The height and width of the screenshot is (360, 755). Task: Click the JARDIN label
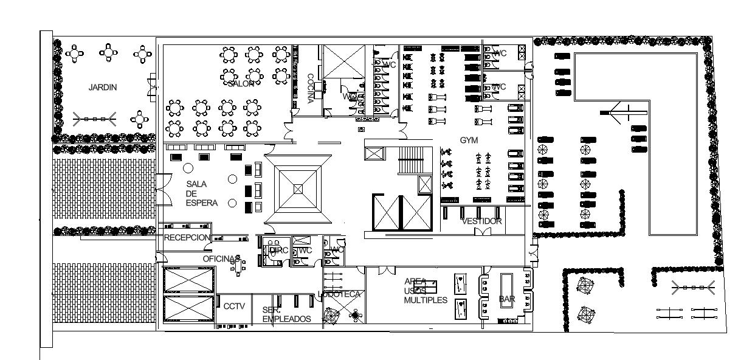102,88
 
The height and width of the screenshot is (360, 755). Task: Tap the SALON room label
241,84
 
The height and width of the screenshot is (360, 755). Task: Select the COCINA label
310,89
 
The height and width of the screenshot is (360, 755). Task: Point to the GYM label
469,140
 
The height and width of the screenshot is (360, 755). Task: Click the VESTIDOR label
481,221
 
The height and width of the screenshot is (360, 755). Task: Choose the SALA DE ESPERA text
199,193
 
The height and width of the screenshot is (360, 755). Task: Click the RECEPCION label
187,238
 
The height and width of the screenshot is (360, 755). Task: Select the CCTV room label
234,306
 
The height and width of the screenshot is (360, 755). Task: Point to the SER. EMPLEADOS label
286,314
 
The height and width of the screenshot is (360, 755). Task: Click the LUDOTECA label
340,294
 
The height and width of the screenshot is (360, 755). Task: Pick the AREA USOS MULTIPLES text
426,291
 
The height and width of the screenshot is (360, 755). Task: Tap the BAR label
506,299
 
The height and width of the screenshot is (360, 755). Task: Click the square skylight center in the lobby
298,189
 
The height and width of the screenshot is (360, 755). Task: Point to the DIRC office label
278,251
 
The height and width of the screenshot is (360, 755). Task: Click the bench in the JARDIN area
94,119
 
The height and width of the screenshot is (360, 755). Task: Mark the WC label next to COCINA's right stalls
390,64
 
